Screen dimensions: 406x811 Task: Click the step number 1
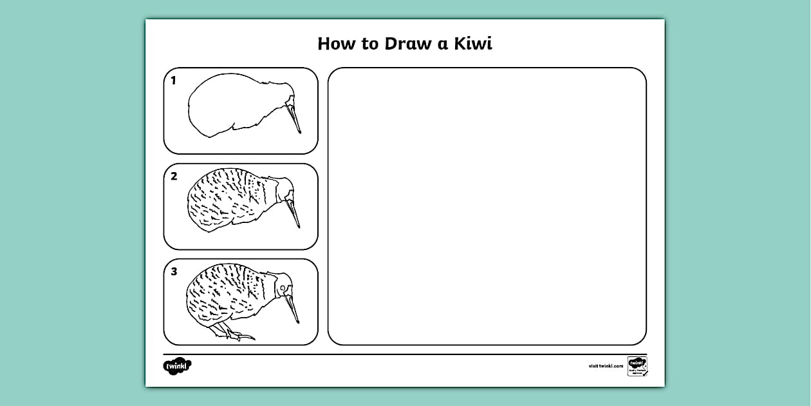tap(173, 81)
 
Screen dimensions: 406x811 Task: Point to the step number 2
tap(174, 176)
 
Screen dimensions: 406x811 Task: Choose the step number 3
tap(174, 271)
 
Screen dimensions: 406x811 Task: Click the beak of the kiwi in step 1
tap(294, 117)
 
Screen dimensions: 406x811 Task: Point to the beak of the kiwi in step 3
tap(292, 307)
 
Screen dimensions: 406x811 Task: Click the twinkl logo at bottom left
tap(177, 365)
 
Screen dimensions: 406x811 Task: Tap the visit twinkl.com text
tap(605, 366)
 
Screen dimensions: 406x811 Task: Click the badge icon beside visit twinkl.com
tap(637, 365)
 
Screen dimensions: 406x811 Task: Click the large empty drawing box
tap(487, 206)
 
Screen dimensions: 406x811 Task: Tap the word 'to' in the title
tap(370, 44)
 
